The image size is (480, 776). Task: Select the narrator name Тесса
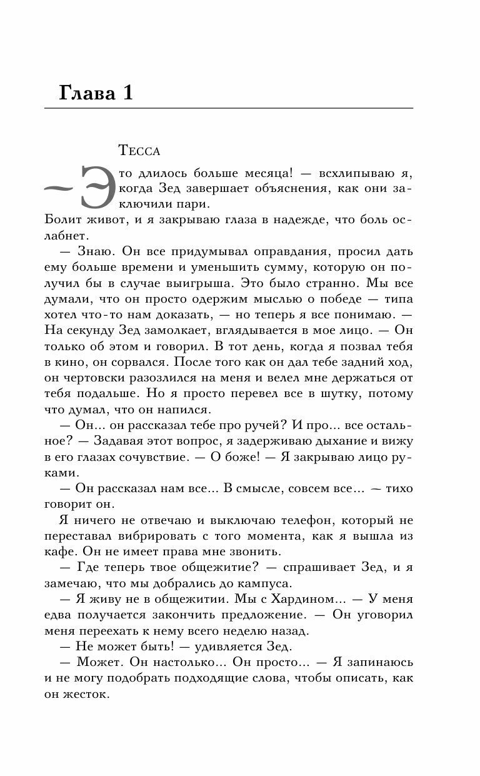[x=139, y=151]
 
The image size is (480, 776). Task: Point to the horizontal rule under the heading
[x=229, y=109]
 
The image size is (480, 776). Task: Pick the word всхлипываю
[x=353, y=172]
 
